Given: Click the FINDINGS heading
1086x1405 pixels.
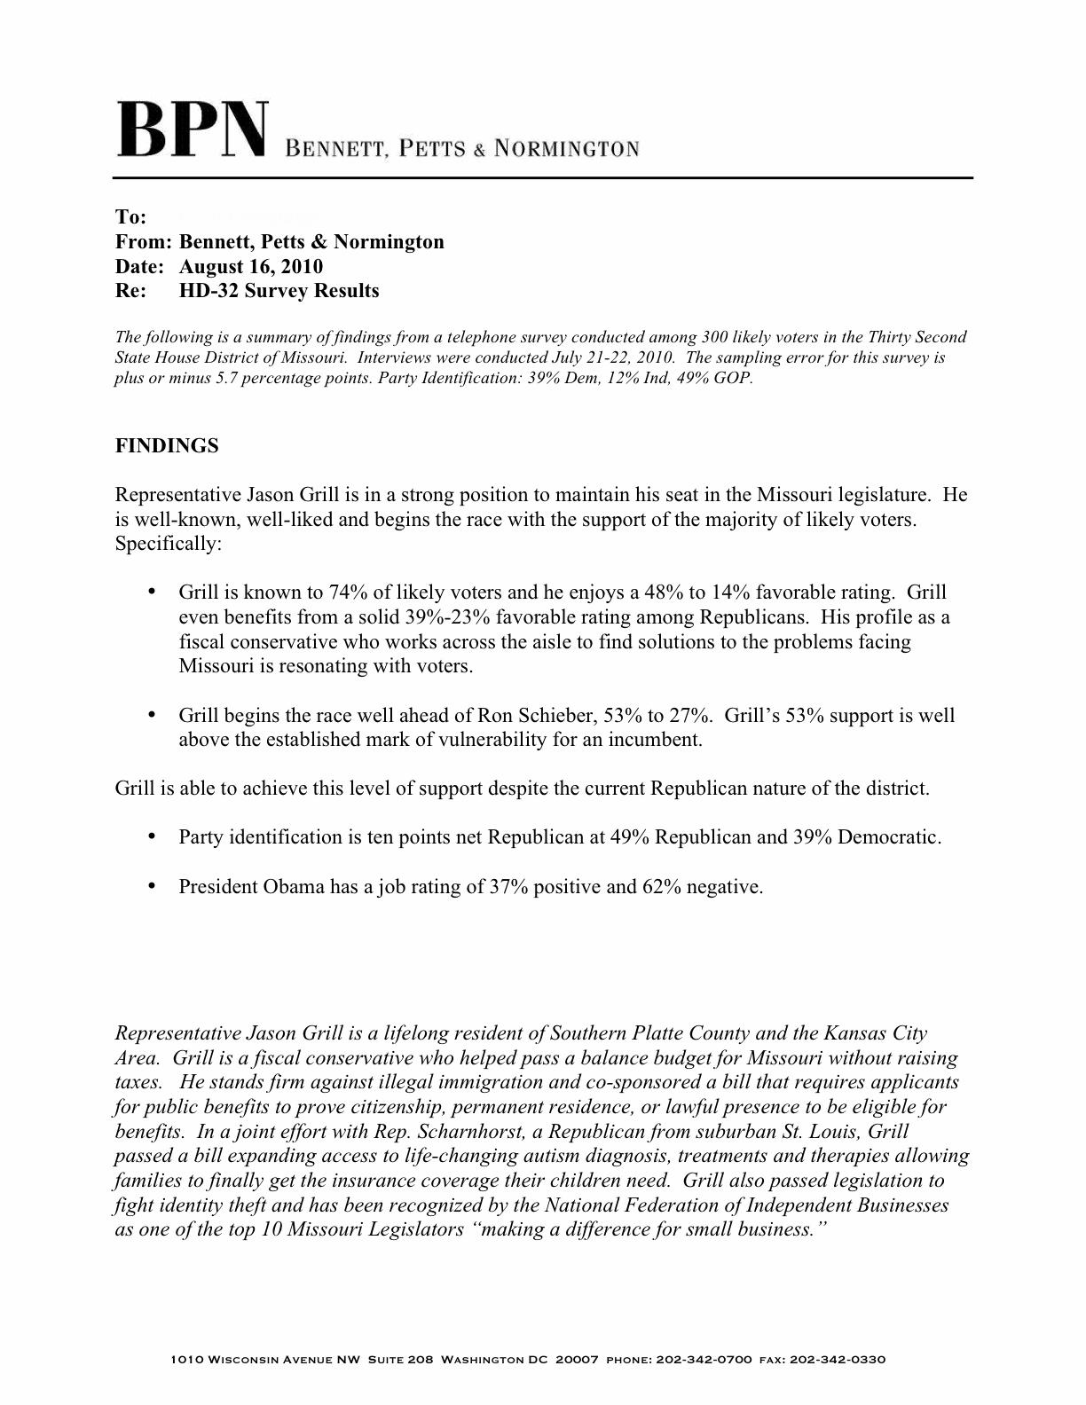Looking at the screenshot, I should [x=167, y=446].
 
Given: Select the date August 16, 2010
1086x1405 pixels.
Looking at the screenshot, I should [x=251, y=266].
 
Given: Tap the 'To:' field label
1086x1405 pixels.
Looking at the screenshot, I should [x=130, y=217].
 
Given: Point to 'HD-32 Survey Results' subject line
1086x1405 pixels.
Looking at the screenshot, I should [x=279, y=291].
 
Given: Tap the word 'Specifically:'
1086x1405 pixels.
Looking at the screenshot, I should [x=169, y=544].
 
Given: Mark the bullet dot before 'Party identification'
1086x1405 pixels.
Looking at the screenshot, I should [x=152, y=836].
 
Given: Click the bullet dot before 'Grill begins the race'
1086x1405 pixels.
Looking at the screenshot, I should [x=152, y=715].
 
